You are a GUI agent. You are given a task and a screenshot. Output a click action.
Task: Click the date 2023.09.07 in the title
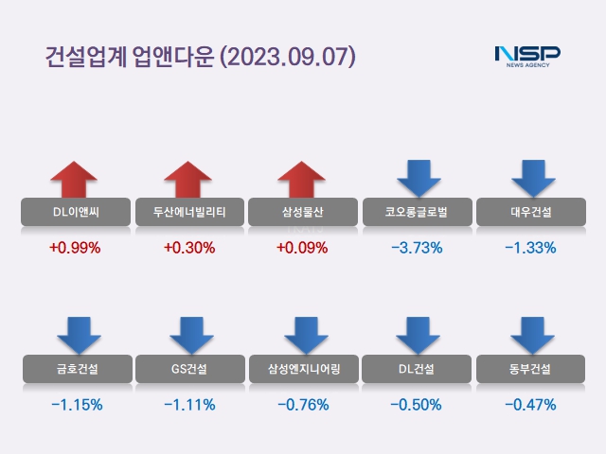point(287,56)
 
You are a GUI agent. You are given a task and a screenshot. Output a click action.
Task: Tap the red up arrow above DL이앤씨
point(75,181)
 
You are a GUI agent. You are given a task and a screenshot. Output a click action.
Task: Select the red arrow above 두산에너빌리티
point(188,181)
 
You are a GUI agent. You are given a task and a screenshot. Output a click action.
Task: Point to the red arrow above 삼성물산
point(302,181)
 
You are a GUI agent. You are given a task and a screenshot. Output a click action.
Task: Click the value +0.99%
point(75,248)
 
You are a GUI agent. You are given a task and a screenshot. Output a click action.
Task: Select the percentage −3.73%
point(417,248)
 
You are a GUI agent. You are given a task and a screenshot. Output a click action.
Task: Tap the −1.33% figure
point(530,248)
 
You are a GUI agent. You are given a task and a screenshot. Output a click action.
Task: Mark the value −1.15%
point(76,405)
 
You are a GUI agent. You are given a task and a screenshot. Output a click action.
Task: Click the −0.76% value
point(303,405)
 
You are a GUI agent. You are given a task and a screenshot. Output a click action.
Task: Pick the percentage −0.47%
point(530,405)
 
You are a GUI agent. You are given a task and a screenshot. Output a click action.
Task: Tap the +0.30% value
point(189,248)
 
